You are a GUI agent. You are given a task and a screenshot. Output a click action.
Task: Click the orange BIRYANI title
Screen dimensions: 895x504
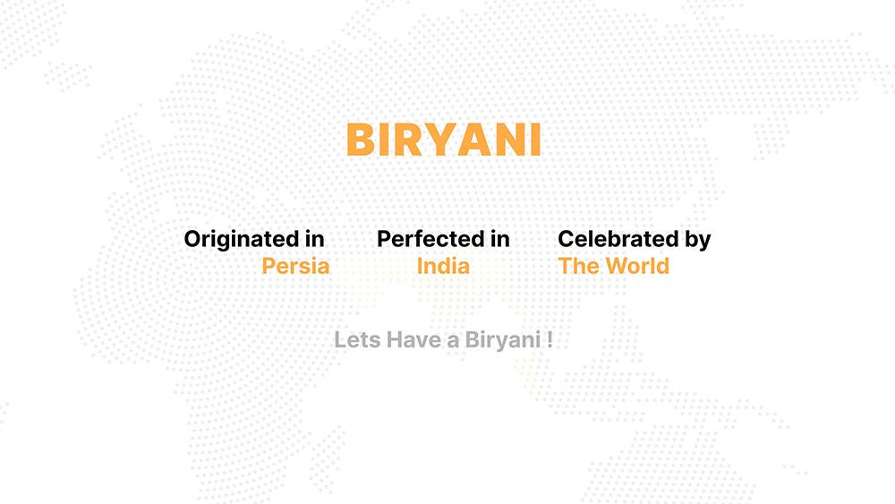[x=444, y=140]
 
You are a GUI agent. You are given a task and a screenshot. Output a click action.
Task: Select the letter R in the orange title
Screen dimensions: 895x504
[x=410, y=140]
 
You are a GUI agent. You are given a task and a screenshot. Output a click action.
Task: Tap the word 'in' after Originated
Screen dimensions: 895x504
[x=314, y=239]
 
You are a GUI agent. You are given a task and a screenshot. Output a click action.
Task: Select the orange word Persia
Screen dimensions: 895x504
[x=295, y=266]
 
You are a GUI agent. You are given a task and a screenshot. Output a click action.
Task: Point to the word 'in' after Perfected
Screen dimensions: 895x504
[x=500, y=239]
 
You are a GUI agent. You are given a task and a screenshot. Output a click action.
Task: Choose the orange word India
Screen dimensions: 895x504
[x=443, y=266]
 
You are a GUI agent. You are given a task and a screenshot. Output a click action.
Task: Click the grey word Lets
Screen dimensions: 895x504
[x=357, y=339]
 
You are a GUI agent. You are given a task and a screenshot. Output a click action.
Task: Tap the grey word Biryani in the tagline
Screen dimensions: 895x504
[x=503, y=341]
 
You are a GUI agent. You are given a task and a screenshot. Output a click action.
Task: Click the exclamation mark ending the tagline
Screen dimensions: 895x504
[x=550, y=339]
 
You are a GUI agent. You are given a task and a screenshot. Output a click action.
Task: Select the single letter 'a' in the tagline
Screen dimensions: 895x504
[x=453, y=342]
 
